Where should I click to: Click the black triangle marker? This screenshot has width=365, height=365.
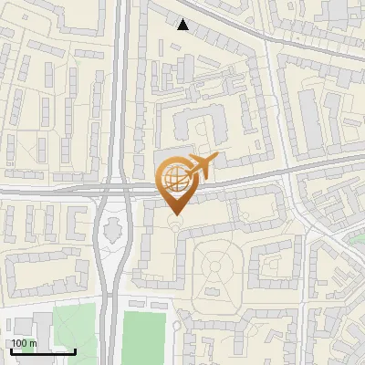click(183, 25)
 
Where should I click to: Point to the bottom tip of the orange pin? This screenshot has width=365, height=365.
click(175, 214)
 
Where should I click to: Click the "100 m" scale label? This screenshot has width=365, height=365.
click(25, 343)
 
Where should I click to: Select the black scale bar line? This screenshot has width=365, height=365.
click(43, 351)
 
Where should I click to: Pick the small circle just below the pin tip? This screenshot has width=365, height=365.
click(175, 225)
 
